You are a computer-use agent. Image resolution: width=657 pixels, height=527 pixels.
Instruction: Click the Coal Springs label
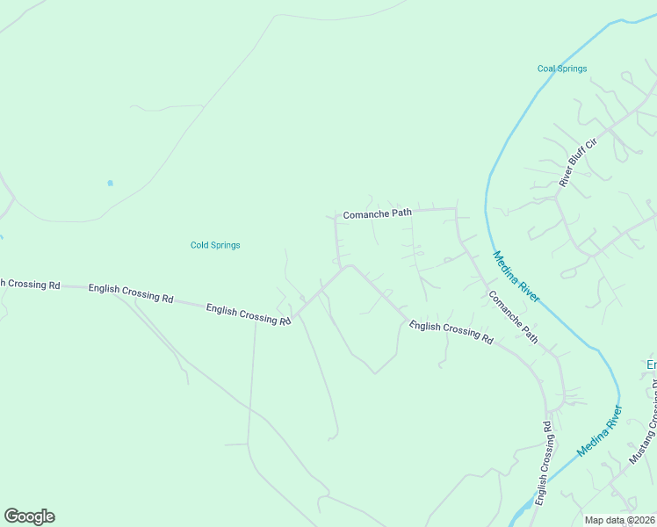(x=561, y=69)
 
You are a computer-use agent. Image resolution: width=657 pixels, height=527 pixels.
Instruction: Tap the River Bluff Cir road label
(x=578, y=162)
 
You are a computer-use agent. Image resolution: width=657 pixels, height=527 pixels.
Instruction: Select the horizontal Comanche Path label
(x=377, y=213)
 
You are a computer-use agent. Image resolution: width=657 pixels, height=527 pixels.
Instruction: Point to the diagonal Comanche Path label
(x=513, y=317)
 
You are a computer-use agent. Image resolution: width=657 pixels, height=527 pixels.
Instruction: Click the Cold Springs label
(x=215, y=245)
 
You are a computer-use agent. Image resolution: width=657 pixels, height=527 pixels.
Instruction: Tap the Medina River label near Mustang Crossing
(x=600, y=430)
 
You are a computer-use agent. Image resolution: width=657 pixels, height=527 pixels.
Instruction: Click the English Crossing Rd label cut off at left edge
(x=29, y=284)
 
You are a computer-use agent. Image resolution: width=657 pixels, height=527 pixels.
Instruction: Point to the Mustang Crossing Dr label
(x=643, y=422)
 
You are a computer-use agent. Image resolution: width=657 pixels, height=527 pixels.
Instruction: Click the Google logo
(x=29, y=516)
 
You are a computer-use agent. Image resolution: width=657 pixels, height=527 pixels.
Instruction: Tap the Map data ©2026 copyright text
(x=619, y=520)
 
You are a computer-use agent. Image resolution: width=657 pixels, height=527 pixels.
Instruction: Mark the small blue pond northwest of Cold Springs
(x=110, y=183)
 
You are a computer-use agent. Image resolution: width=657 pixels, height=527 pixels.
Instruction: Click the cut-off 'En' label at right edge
(x=651, y=364)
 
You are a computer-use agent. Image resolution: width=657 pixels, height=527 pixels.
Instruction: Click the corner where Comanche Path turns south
(x=456, y=209)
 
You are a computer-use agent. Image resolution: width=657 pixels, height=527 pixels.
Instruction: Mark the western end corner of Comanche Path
(x=336, y=216)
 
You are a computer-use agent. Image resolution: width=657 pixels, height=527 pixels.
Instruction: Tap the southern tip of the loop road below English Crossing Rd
(x=374, y=373)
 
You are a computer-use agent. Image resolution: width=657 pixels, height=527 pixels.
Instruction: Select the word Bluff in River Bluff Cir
(x=578, y=162)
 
